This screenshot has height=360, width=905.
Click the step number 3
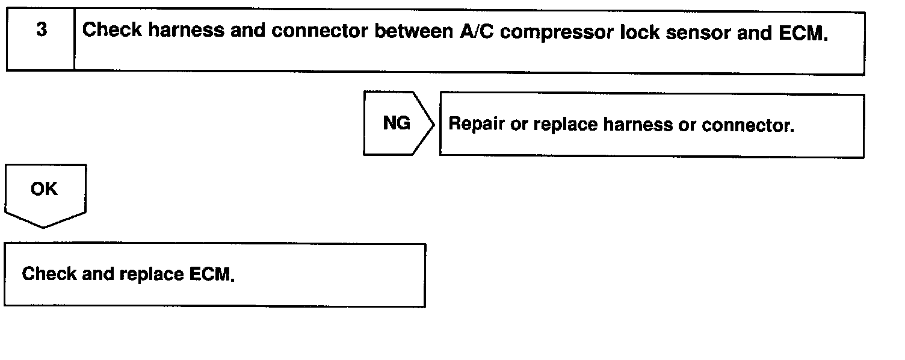pyautogui.click(x=41, y=30)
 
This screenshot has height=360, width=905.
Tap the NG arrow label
pyautogui.click(x=396, y=123)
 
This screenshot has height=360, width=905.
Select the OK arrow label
pyautogui.click(x=44, y=189)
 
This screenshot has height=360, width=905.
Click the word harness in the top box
pyautogui.click(x=186, y=31)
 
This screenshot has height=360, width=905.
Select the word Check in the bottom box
pyautogui.click(x=49, y=275)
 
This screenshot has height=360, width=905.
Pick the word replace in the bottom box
pyautogui.click(x=152, y=275)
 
